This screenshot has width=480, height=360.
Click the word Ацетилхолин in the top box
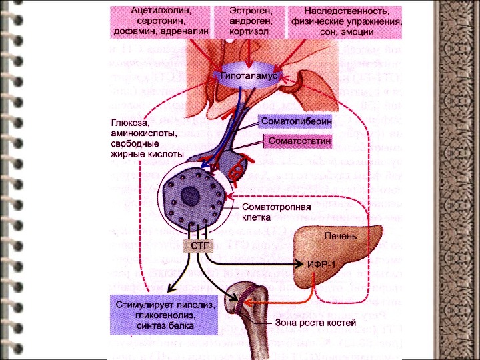(161, 11)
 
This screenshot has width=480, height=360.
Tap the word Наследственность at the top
(346, 11)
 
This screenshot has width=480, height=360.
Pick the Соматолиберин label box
(291, 122)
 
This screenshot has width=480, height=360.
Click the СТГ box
(201, 246)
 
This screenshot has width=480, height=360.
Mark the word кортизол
(249, 31)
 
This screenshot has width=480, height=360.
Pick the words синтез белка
(165, 326)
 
